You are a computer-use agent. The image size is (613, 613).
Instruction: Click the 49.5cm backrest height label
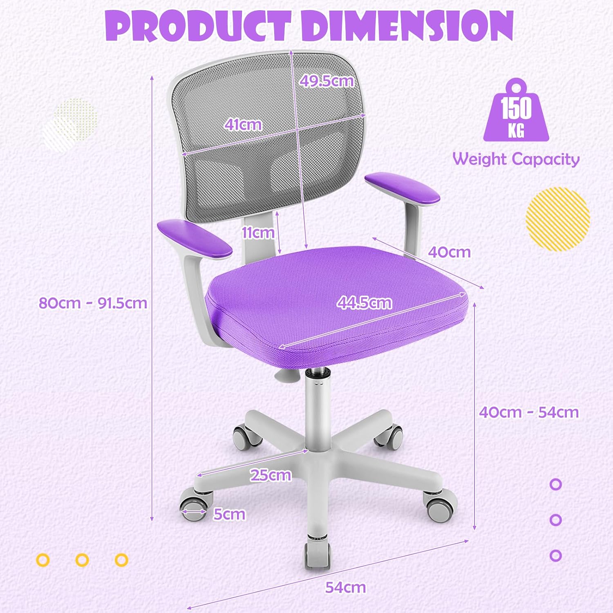327,81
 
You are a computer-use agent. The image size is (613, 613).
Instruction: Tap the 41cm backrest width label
243,124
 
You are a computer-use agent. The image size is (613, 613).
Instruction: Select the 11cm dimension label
258,233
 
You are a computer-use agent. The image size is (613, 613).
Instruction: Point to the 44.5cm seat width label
364,302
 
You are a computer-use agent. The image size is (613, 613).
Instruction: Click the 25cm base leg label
271,475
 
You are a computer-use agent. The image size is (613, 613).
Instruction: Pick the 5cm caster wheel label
229,514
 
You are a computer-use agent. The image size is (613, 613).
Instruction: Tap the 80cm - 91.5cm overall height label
93,303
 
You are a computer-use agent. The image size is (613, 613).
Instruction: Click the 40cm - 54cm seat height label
529,412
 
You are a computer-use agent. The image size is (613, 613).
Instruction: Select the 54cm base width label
345,587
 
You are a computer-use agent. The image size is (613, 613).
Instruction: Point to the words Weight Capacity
516,159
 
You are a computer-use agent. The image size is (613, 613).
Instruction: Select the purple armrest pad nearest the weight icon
402,188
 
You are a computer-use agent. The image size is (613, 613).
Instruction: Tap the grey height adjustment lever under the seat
286,375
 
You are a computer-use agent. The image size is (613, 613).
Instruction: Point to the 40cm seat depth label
449,252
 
